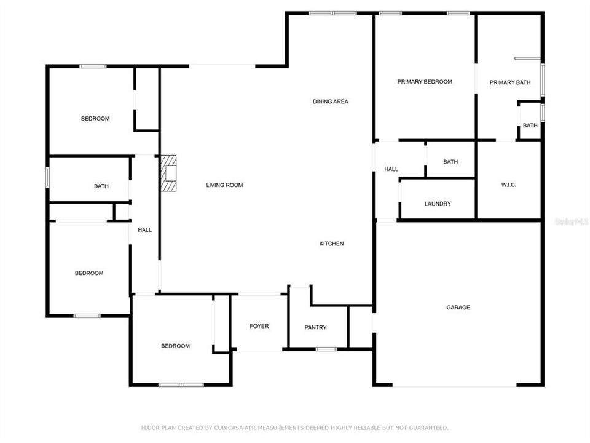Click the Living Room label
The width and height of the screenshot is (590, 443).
[224, 185]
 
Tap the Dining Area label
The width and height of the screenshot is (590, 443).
[331, 102]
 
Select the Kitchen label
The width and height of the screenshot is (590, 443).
[331, 244]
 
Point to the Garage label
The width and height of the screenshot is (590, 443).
[458, 308]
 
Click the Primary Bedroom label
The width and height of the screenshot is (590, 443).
[425, 82]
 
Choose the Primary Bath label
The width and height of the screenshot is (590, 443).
[509, 82]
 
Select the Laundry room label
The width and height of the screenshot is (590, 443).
[438, 204]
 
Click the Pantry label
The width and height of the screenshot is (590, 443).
[316, 328]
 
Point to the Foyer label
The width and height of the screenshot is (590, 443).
[259, 326]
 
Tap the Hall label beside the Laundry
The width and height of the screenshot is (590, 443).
[391, 169]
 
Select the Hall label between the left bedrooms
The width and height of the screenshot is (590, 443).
[145, 230]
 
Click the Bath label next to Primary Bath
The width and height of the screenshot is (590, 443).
[530, 126]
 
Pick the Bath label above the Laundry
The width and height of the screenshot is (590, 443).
[450, 162]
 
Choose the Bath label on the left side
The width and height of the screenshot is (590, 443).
[101, 186]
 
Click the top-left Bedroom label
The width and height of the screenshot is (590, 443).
[95, 119]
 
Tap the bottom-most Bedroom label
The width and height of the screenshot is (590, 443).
[175, 346]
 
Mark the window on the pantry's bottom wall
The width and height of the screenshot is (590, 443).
[326, 349]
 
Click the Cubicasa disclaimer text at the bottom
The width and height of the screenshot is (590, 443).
[295, 428]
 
